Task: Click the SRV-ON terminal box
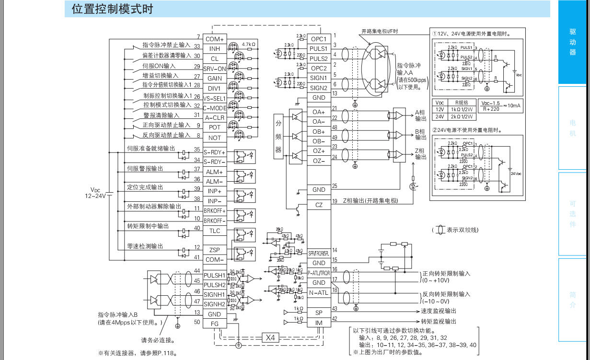click(x=215, y=69)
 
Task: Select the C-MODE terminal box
click(x=215, y=108)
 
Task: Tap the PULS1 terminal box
click(x=319, y=49)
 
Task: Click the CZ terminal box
click(x=319, y=205)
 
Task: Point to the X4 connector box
click(x=270, y=337)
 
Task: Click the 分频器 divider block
click(x=278, y=137)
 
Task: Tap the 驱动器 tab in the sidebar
click(x=572, y=42)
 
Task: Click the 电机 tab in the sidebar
click(x=572, y=128)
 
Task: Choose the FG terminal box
click(x=215, y=324)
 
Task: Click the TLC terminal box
click(x=215, y=231)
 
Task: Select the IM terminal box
click(x=319, y=323)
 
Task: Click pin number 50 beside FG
click(x=197, y=322)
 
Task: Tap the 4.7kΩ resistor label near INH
click(x=249, y=44)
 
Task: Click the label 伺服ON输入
click(x=159, y=66)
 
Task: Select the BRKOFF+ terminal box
click(x=215, y=211)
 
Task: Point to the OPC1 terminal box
click(x=319, y=39)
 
